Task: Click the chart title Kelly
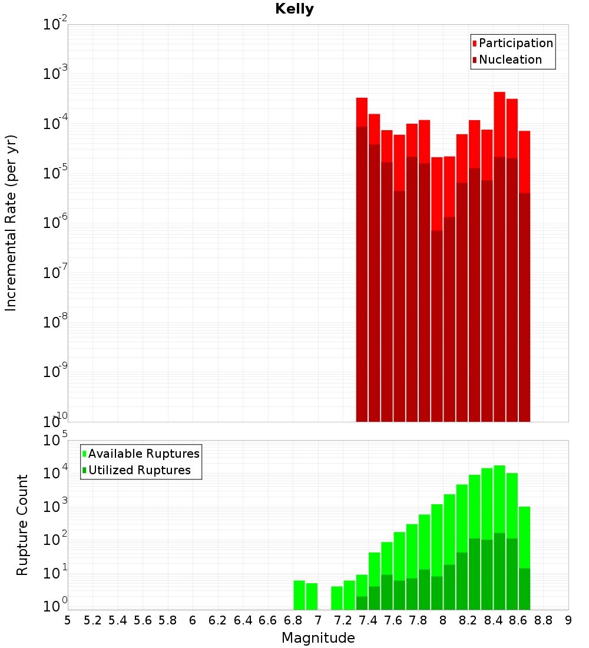[294, 9]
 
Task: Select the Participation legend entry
[516, 43]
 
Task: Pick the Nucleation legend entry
[510, 59]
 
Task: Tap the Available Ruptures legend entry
[144, 454]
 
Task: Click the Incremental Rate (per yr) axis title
[11, 223]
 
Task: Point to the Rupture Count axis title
[22, 525]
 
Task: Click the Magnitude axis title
[318, 638]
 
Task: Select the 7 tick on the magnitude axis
[318, 620]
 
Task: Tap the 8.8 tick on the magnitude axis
[543, 620]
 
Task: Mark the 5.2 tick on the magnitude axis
[92, 620]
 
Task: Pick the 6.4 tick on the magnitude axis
[243, 620]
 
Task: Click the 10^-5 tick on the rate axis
[55, 173]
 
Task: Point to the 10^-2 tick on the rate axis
[55, 25]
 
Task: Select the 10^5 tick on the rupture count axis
[55, 441]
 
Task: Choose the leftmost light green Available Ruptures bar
[299, 595]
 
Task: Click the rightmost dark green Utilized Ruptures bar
[524, 589]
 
